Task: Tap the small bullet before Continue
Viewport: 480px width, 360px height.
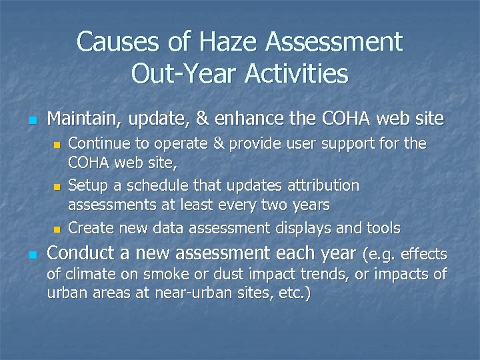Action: tap(57, 145)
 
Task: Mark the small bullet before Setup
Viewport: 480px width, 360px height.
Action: tap(57, 186)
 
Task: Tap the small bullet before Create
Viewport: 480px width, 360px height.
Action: tap(57, 229)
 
